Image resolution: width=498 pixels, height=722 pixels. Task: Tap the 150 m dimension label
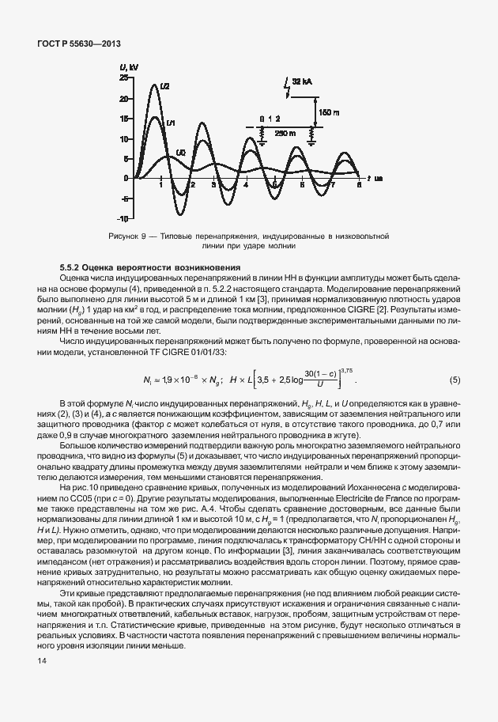coord(328,113)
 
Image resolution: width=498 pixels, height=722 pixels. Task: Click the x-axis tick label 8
coord(359,184)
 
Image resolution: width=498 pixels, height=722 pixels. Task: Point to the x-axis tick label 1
coord(161,184)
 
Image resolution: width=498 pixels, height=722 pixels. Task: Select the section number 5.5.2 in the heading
coord(70,267)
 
